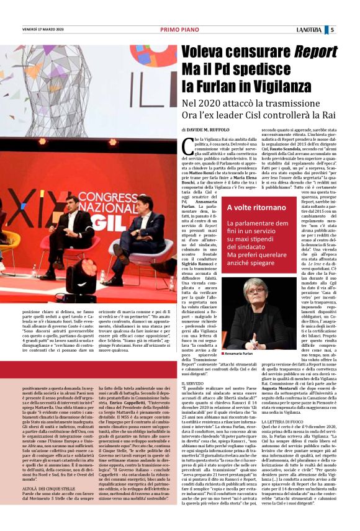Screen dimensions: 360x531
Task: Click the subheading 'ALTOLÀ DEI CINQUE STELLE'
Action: [35, 480]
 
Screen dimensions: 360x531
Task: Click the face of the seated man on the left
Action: [72, 202]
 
